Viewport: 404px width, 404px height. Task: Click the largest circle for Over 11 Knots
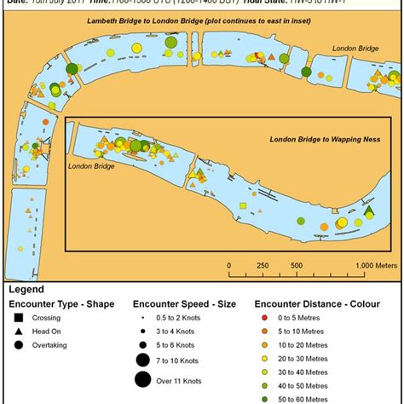point(142,380)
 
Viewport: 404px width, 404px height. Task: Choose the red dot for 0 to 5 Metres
point(267,317)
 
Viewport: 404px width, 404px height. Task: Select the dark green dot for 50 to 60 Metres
point(267,398)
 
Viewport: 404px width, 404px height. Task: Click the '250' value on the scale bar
point(263,265)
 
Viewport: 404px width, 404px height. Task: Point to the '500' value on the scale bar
point(297,265)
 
